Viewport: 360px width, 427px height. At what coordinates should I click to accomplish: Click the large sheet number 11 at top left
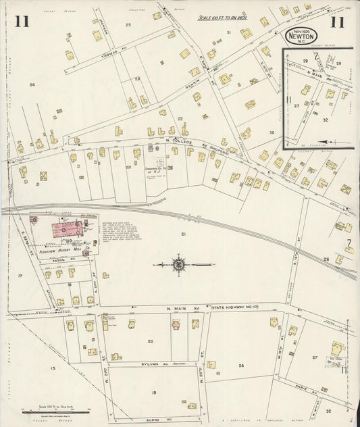[22, 21]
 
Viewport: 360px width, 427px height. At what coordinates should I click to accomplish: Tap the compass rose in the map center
[178, 264]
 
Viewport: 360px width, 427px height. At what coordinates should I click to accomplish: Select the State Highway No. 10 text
[230, 309]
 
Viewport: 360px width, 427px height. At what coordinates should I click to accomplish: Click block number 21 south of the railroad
[182, 234]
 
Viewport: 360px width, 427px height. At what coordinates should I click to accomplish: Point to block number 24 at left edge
[31, 84]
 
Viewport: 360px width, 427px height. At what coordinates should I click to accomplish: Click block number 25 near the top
[128, 24]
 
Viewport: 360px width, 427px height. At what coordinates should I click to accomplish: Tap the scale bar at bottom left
[46, 411]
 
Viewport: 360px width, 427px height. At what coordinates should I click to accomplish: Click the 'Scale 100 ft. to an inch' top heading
[224, 19]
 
